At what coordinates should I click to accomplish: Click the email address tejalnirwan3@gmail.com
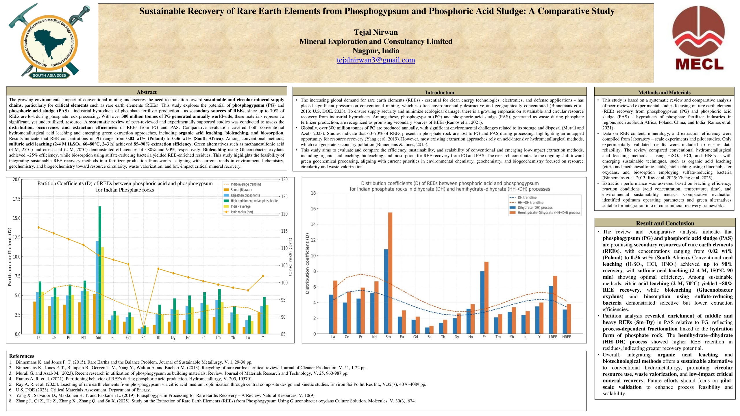376,60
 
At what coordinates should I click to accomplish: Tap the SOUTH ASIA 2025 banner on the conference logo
49,75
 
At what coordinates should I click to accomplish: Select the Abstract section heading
147,92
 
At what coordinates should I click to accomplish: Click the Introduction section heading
439,93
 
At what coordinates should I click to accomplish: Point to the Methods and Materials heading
664,93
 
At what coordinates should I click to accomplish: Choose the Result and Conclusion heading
665,223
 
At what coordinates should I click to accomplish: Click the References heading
22,356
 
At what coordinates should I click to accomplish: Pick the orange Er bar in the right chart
486,298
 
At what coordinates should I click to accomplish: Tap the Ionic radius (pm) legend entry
242,212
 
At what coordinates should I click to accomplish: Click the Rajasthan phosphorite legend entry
245,195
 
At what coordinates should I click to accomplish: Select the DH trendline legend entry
527,197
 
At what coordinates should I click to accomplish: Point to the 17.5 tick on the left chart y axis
16,199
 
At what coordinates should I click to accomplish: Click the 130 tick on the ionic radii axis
284,180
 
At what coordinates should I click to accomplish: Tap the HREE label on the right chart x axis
567,337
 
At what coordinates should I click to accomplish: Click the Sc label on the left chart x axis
143,338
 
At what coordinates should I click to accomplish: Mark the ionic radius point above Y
263,276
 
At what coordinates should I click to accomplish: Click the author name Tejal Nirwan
376,32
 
